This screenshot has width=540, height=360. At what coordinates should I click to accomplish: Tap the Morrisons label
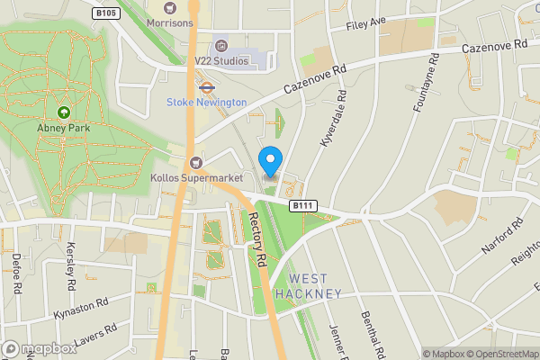click(169, 22)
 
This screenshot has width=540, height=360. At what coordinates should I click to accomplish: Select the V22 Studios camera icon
click(221, 44)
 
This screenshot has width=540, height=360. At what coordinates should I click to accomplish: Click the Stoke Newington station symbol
click(205, 88)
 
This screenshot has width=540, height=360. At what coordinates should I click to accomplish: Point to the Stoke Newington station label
click(206, 103)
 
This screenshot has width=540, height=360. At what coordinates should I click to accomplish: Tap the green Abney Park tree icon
click(64, 112)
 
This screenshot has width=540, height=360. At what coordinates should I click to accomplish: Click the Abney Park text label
click(64, 128)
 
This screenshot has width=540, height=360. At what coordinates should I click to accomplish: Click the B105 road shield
click(105, 13)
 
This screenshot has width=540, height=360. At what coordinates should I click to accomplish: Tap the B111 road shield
click(303, 206)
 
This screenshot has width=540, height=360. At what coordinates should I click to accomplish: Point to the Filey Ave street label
click(365, 22)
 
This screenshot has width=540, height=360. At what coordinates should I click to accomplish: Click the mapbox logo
click(40, 348)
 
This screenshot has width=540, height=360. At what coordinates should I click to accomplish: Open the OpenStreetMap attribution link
click(499, 354)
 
